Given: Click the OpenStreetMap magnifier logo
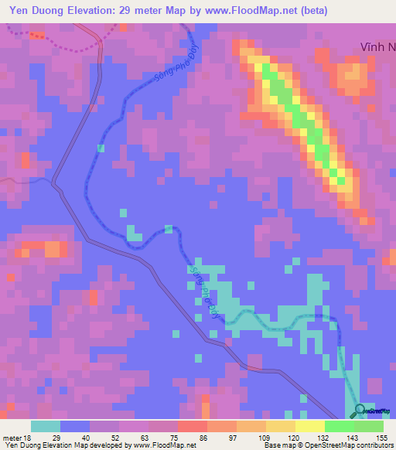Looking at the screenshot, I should coord(361,411).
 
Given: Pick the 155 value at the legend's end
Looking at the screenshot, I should coord(382,437).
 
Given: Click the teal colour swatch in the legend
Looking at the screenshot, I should coord(46,426).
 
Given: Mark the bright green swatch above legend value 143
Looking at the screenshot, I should coord(340,426).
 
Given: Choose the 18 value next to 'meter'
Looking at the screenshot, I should coord(31,437).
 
